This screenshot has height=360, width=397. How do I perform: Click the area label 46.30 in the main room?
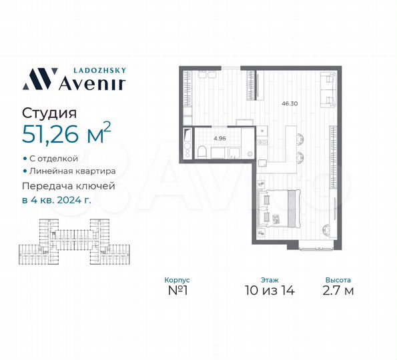tap(290, 103)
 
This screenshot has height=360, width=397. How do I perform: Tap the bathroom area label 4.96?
tap(220, 138)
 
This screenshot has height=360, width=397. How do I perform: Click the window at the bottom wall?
tap(317, 248)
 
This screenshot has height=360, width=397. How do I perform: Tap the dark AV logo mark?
tap(37, 78)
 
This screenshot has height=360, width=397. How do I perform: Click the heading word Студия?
tap(49, 114)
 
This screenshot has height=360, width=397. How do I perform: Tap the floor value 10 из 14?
tap(270, 291)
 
